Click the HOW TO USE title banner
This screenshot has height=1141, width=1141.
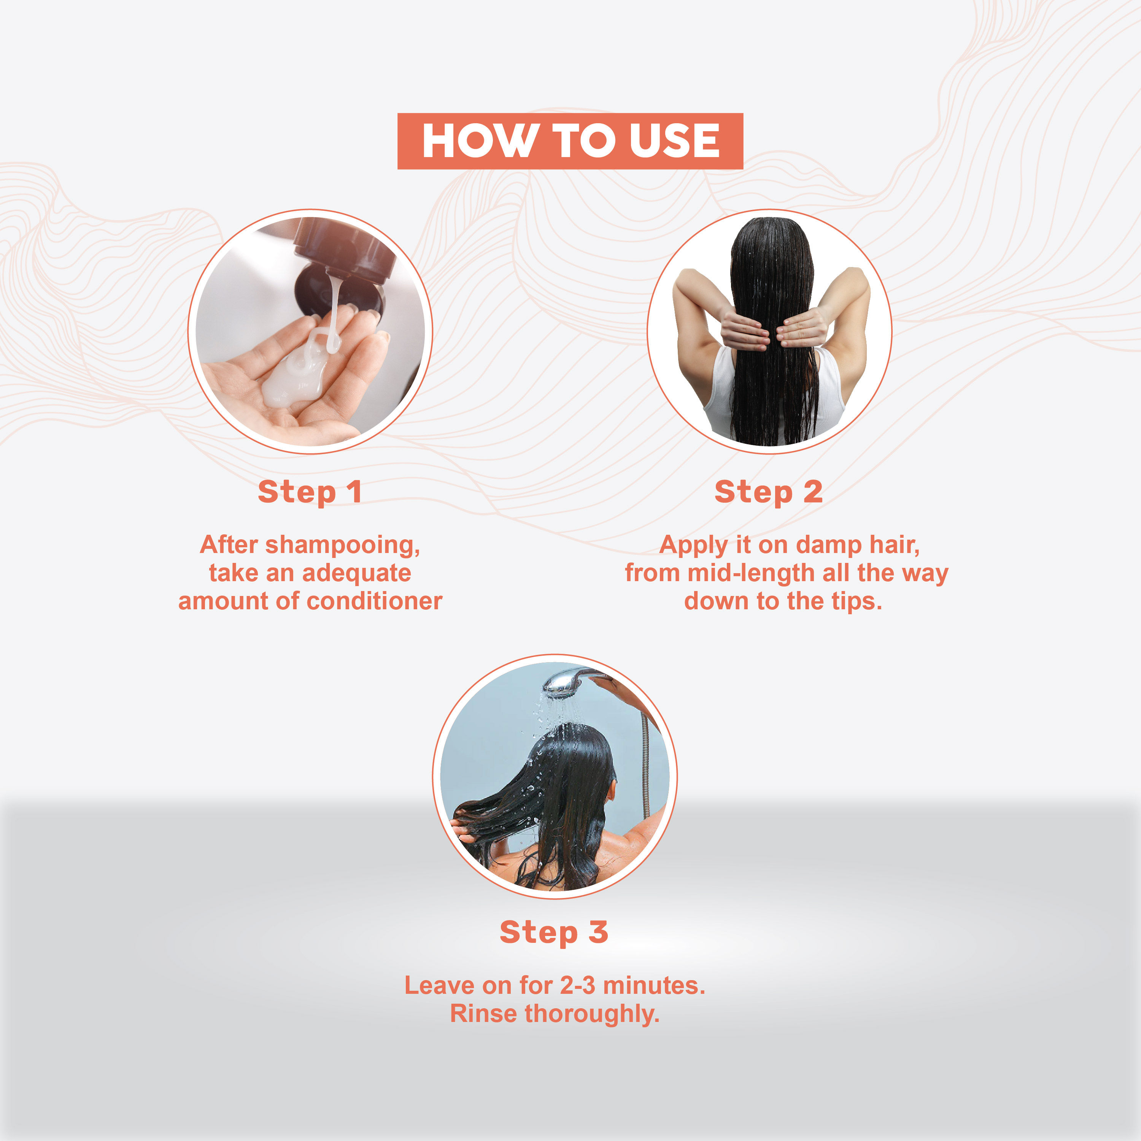pyautogui.click(x=570, y=141)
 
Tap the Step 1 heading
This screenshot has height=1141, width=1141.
pyautogui.click(x=310, y=492)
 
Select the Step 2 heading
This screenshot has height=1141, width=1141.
pyautogui.click(x=768, y=492)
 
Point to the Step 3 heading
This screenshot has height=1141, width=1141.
pyautogui.click(x=554, y=933)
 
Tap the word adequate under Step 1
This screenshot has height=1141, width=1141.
pyautogui.click(x=356, y=573)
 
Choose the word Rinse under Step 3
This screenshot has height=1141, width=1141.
pyautogui.click(x=484, y=1014)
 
